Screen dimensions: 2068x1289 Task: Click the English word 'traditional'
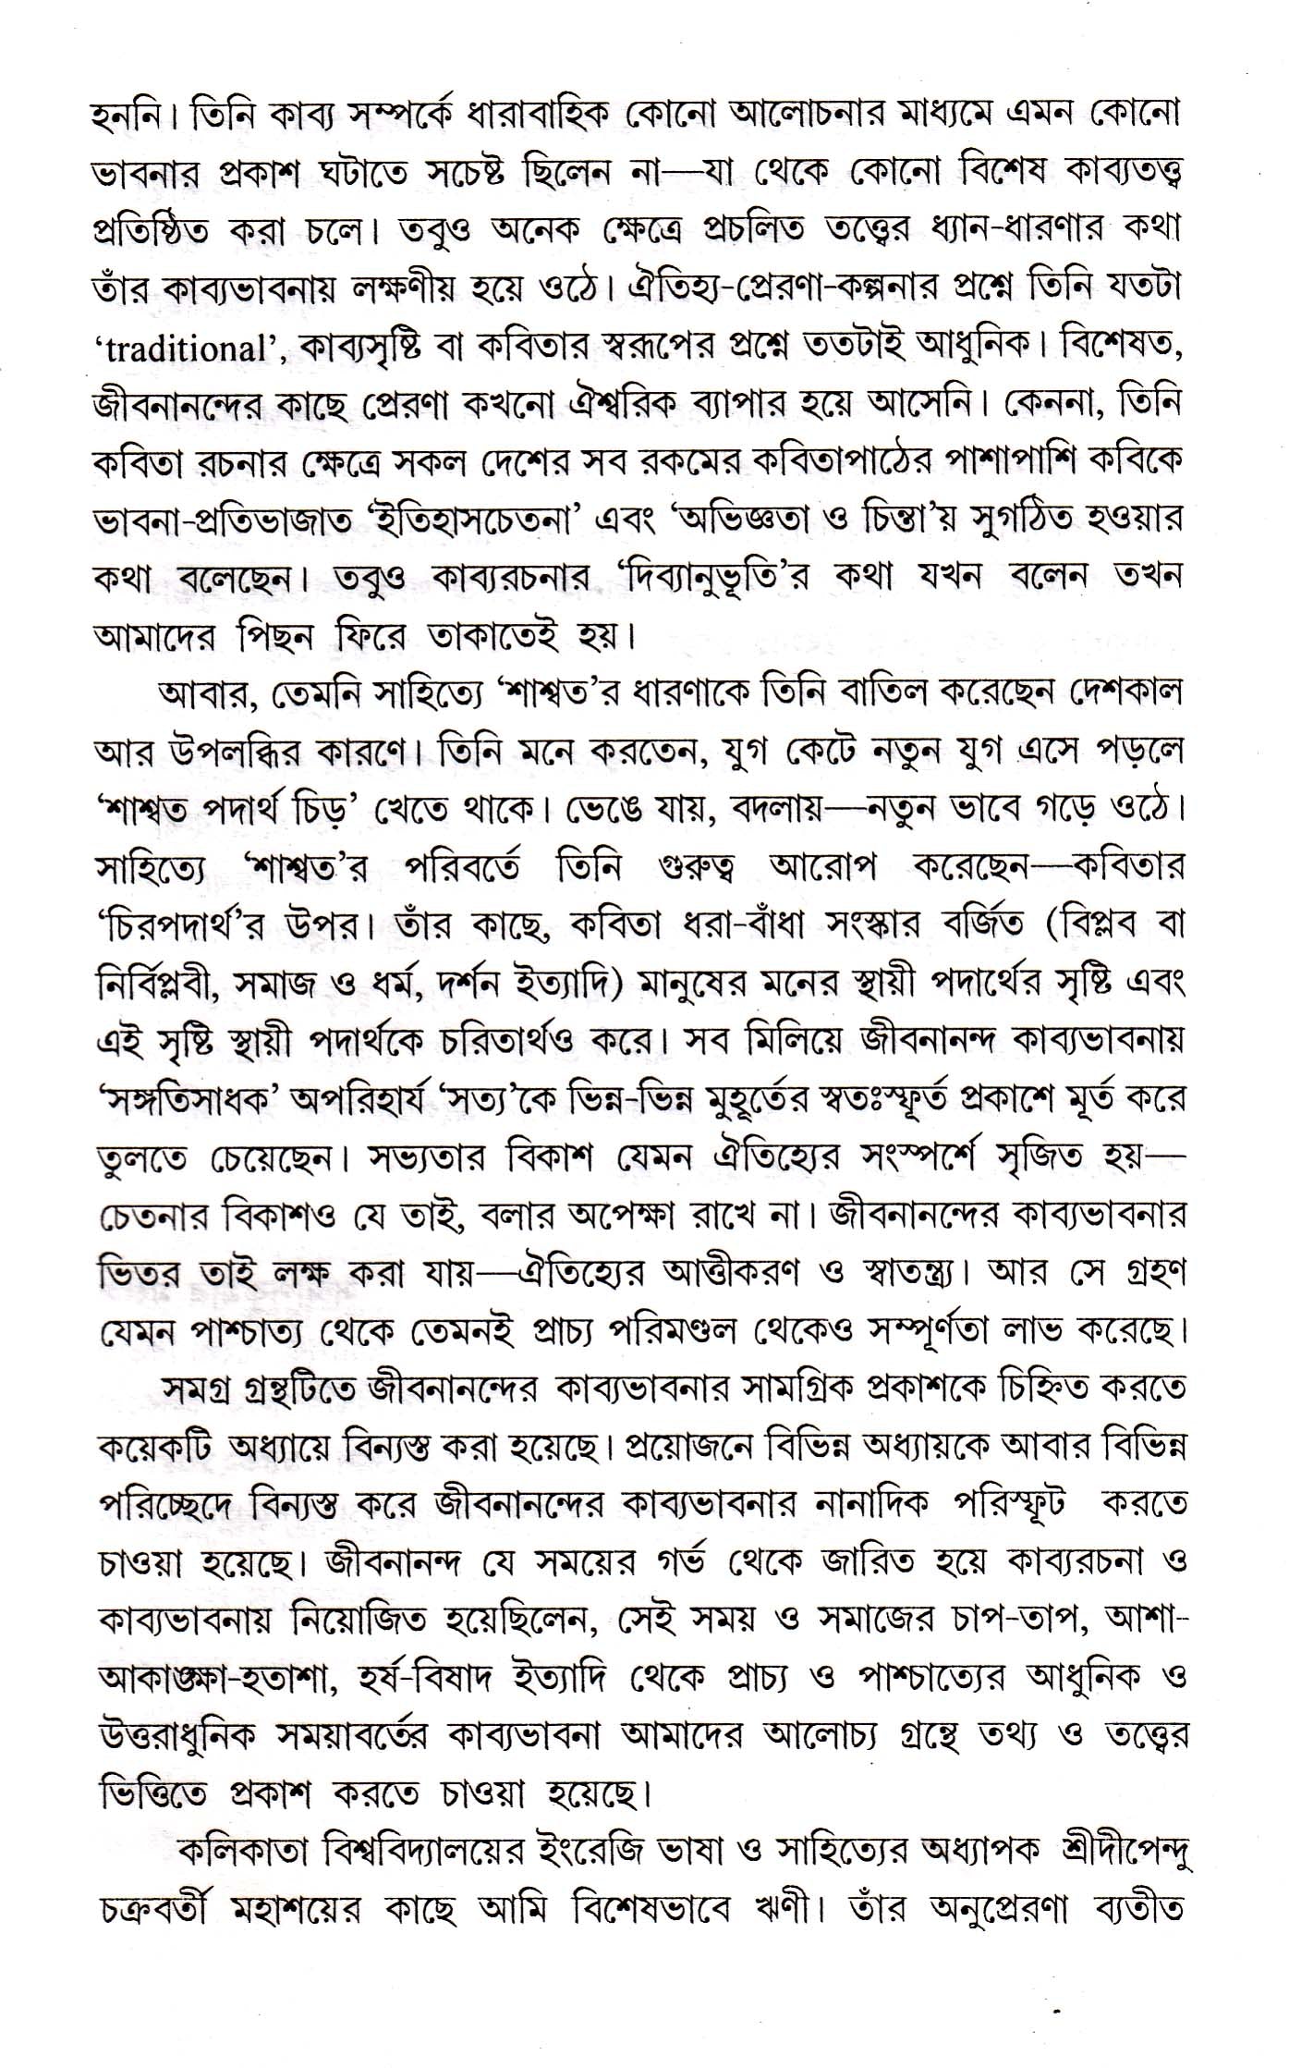[185, 351]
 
